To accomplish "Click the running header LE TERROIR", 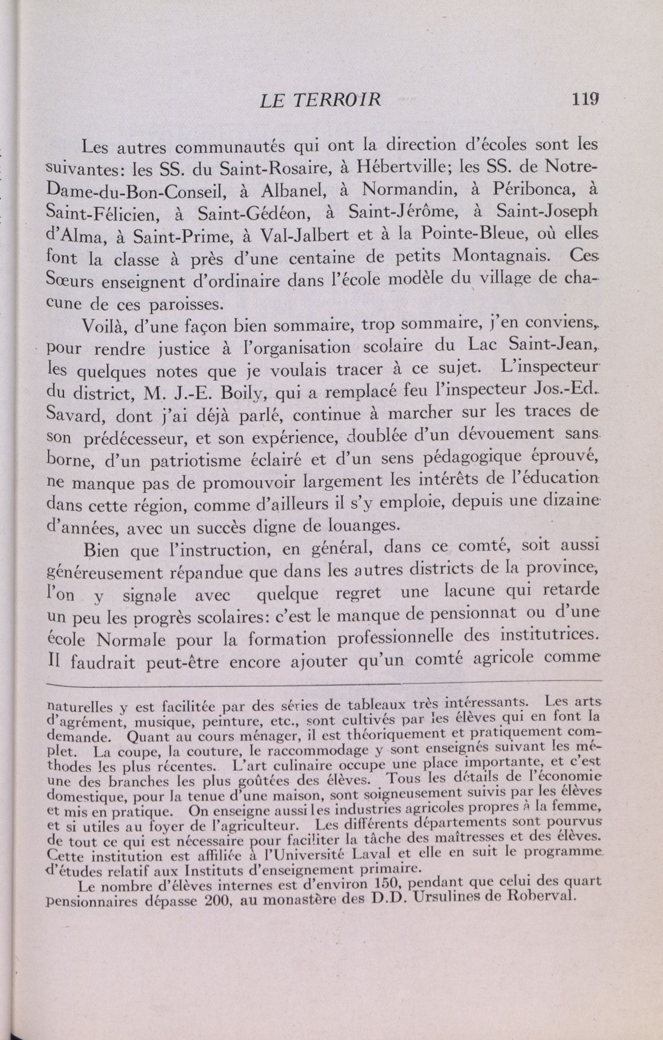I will [x=320, y=101].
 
